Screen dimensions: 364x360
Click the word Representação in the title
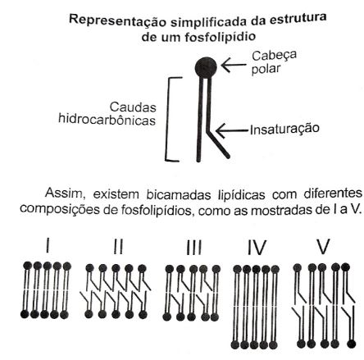[117, 21]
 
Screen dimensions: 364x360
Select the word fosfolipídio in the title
[220, 37]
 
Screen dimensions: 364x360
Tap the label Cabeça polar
[274, 62]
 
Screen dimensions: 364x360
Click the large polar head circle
[206, 68]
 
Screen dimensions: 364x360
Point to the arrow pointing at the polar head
[234, 65]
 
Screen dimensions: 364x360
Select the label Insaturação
[284, 129]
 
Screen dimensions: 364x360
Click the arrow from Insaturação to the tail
[232, 130]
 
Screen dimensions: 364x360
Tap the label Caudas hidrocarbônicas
[107, 114]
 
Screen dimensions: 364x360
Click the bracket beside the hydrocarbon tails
[167, 119]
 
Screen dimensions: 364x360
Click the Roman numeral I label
[48, 245]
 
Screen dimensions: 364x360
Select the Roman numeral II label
[118, 247]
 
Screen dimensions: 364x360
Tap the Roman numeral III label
[193, 247]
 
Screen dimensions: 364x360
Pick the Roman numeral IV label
[257, 248]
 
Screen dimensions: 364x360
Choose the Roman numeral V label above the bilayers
[323, 247]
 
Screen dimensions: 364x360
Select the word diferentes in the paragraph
[333, 193]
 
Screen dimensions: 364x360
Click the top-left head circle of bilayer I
[28, 266]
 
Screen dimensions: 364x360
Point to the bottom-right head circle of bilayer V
[351, 344]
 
